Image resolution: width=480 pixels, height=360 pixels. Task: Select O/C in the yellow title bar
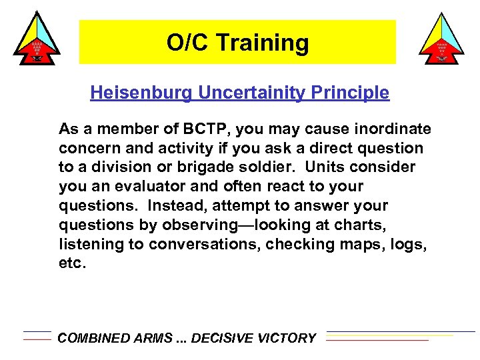(183, 43)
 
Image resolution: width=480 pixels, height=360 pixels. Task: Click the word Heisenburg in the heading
(141, 93)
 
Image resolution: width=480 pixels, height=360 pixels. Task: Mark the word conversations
(204, 244)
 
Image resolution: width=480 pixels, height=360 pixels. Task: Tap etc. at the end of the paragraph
(73, 263)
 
